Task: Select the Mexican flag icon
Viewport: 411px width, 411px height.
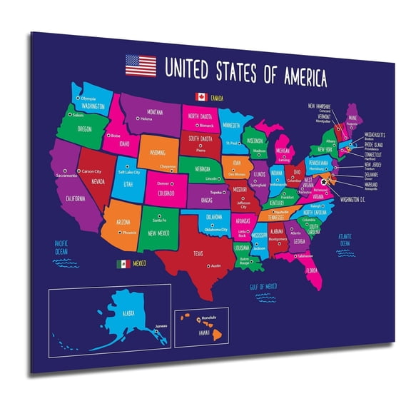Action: [123, 264]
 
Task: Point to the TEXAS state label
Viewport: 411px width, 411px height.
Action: [198, 252]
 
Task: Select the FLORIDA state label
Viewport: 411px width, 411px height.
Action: [313, 270]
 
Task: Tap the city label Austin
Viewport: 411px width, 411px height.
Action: [215, 265]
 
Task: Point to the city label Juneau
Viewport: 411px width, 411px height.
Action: [162, 325]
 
